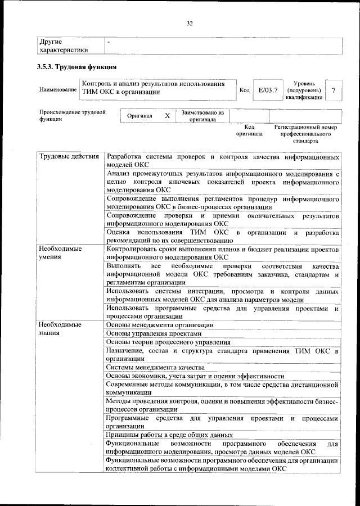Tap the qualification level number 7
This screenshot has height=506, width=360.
point(335,90)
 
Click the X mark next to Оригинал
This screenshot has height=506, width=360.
point(167,116)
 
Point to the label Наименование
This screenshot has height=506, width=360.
point(58,90)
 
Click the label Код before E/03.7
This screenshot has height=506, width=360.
point(245,90)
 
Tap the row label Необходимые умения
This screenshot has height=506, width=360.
point(59,252)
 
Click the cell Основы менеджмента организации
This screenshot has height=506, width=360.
point(160,325)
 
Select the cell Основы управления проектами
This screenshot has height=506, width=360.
point(154,333)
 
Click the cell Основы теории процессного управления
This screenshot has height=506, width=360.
point(168,342)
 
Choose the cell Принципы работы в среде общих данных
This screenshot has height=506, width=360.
point(169,435)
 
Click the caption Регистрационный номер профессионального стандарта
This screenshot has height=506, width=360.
point(305,134)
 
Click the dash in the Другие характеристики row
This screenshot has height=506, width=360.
point(109,42)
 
